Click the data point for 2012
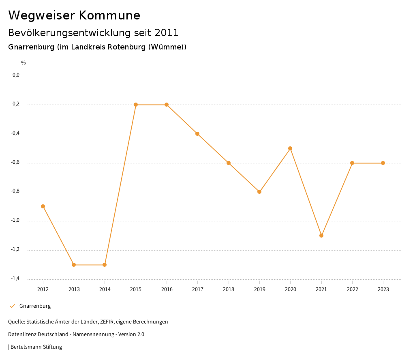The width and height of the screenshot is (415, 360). point(43,206)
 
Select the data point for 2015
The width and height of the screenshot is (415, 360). point(136,105)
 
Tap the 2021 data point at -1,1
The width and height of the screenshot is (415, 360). point(321,236)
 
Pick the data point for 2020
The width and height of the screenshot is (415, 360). point(290,148)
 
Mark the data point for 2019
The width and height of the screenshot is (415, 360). point(259,192)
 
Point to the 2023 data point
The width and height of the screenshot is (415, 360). point(383,163)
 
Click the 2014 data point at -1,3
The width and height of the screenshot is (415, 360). point(105,265)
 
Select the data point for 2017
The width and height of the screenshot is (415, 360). point(197,134)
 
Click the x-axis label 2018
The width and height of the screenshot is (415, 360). point(229,289)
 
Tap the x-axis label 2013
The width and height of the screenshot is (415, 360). point(74,289)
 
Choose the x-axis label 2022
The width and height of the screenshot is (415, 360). point(352,289)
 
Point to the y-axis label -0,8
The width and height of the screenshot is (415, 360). point(15,192)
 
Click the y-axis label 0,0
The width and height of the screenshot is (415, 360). point(16,75)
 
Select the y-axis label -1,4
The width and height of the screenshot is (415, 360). point(15,279)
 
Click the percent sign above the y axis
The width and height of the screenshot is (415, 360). point(24,63)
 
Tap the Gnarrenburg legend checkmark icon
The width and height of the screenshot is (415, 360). point(12,306)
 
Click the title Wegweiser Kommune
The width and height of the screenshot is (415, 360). point(74,15)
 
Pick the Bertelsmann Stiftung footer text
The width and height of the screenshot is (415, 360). point(36,347)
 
